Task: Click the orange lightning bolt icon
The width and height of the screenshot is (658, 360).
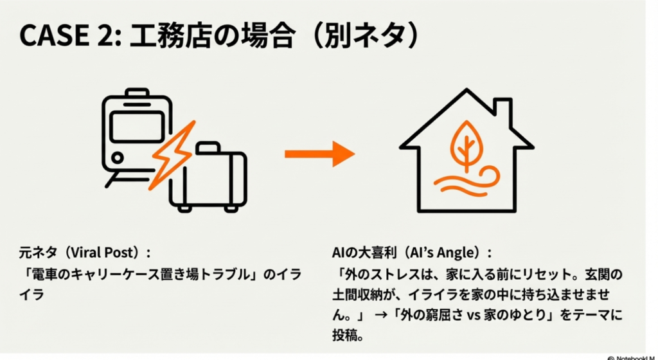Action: point(172,154)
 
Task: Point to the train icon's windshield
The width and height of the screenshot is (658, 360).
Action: point(137,126)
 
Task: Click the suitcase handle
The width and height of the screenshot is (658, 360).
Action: point(207,147)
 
